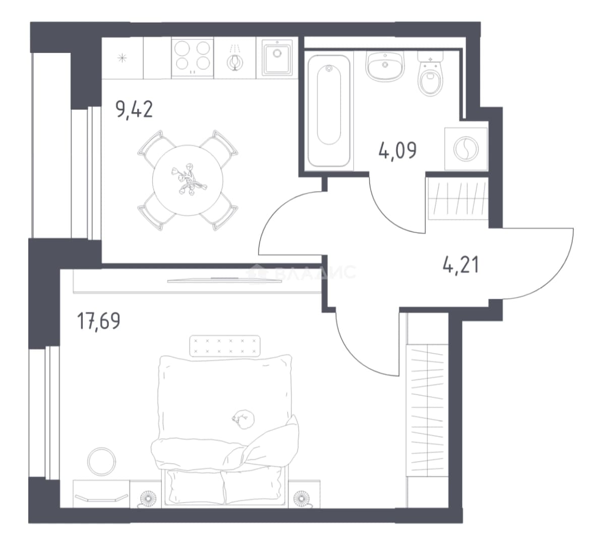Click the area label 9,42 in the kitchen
[x=134, y=110]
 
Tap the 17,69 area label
[x=99, y=321]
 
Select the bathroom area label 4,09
[x=398, y=150]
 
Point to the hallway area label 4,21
[x=461, y=265]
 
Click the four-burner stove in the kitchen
[x=193, y=58]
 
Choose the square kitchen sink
[x=277, y=58]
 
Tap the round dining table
[x=188, y=180]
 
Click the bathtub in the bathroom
[x=329, y=111]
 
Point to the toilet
[x=430, y=74]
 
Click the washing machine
[x=466, y=149]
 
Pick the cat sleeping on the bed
[x=243, y=418]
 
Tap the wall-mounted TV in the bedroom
[x=224, y=280]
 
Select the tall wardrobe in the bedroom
[x=428, y=410]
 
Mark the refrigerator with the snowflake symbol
[x=123, y=58]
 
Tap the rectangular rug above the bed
[x=225, y=346]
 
